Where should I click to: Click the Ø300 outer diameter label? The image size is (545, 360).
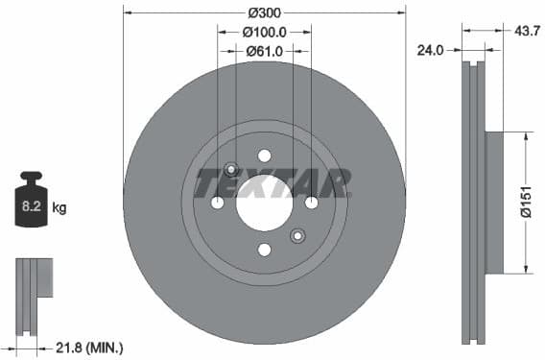point(264,13)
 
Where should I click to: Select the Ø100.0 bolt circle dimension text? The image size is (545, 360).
point(264,33)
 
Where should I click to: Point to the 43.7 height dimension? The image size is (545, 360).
point(526,31)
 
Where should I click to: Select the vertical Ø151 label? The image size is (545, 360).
point(526,201)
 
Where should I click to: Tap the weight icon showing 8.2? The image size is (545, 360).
point(31,202)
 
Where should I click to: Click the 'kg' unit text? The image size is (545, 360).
point(59,206)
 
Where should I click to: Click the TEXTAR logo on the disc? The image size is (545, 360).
point(272,182)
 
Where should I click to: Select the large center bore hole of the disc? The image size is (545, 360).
point(264,203)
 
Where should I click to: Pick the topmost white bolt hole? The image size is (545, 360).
point(264,156)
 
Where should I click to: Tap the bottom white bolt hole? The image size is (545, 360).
point(264,250)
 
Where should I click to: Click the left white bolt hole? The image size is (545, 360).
point(217,203)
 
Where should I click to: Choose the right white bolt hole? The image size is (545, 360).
point(311,203)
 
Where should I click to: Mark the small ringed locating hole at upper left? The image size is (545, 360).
point(230,170)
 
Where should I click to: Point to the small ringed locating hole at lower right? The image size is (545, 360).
point(297,235)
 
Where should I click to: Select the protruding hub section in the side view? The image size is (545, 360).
point(493,202)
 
